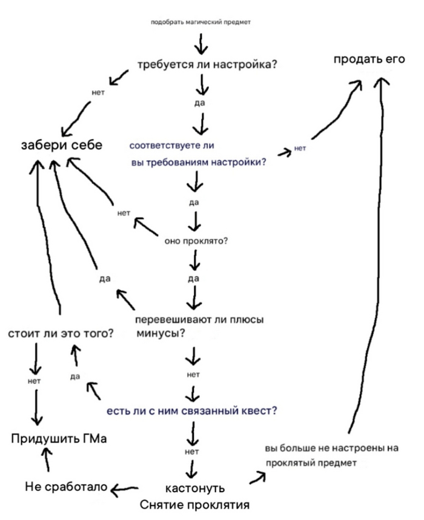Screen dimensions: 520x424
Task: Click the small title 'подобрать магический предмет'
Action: point(200,22)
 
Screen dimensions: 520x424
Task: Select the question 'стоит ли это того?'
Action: point(61,334)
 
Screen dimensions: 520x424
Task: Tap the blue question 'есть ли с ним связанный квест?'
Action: point(192,411)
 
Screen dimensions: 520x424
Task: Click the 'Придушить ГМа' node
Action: point(59,439)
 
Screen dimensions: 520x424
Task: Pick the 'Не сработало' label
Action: point(66,487)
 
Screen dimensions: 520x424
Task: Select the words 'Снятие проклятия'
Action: point(194,504)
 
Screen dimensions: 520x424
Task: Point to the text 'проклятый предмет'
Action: point(310,463)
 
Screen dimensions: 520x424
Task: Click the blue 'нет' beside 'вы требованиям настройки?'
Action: point(300,148)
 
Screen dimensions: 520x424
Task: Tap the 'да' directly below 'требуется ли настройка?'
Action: point(200,103)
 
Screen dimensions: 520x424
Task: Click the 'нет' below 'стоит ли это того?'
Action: point(34,382)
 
